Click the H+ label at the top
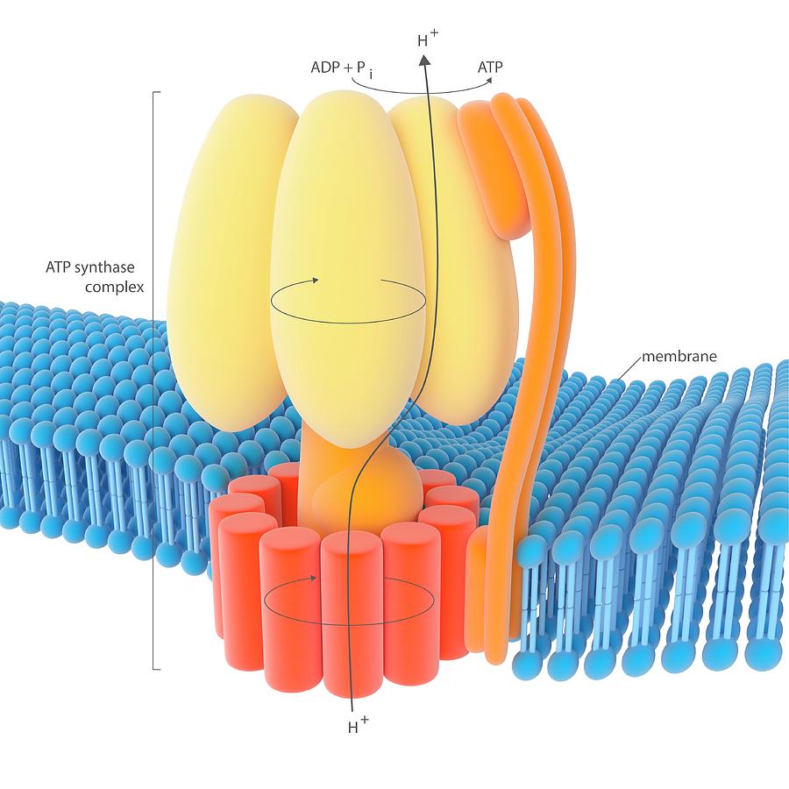pyautogui.click(x=428, y=38)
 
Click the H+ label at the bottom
pyautogui.click(x=359, y=725)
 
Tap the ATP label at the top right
pyautogui.click(x=489, y=67)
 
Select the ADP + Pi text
pyautogui.click(x=342, y=69)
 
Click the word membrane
pyautogui.click(x=679, y=356)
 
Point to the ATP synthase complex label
pyautogui.click(x=95, y=277)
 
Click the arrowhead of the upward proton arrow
pyautogui.click(x=424, y=60)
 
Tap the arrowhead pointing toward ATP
pyautogui.click(x=488, y=80)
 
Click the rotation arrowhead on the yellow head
pyautogui.click(x=316, y=280)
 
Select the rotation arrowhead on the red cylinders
pyautogui.click(x=313, y=579)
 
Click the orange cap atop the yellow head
pyautogui.click(x=493, y=166)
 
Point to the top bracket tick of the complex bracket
pyautogui.click(x=157, y=93)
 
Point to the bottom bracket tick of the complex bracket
pyautogui.click(x=157, y=669)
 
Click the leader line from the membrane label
pyautogui.click(x=630, y=367)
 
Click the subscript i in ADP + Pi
pyautogui.click(x=371, y=75)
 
